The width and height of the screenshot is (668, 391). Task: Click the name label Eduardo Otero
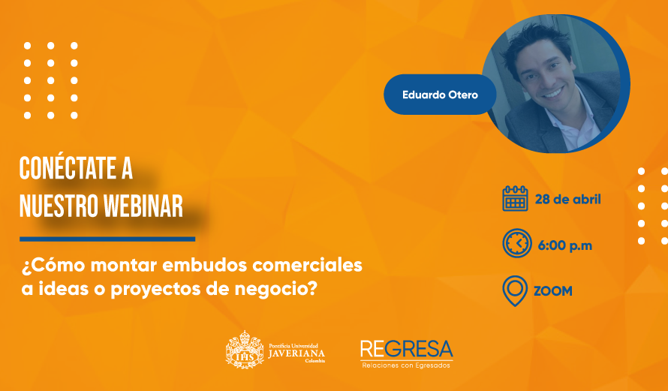tap(440, 95)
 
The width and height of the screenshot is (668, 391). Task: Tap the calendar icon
tap(515, 198)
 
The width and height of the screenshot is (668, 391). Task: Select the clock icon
tap(517, 243)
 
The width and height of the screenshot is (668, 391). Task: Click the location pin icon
tap(515, 291)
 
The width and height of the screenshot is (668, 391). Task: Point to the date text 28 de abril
tap(568, 200)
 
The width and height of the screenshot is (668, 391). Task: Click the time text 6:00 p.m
tap(565, 245)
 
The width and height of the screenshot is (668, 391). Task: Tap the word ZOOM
tap(553, 291)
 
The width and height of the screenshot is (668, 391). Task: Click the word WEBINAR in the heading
tap(143, 206)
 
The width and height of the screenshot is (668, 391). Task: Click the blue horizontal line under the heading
tap(107, 239)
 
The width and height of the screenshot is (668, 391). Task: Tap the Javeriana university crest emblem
tap(245, 350)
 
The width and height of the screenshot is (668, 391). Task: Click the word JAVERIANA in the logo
tap(296, 353)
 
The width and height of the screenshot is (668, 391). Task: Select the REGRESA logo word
tap(406, 349)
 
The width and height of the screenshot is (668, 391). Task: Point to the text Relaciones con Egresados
tap(406, 365)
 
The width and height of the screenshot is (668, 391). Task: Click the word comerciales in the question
tap(307, 265)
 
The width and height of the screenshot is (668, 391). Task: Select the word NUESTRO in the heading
tap(59, 206)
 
